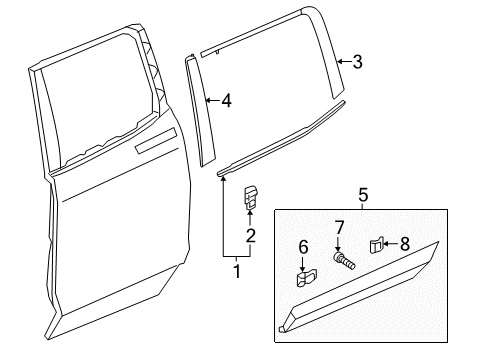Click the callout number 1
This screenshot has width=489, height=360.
[237, 269]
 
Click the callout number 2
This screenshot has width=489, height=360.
[251, 236]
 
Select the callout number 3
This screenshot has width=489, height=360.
[357, 62]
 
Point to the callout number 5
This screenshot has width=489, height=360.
[363, 195]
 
